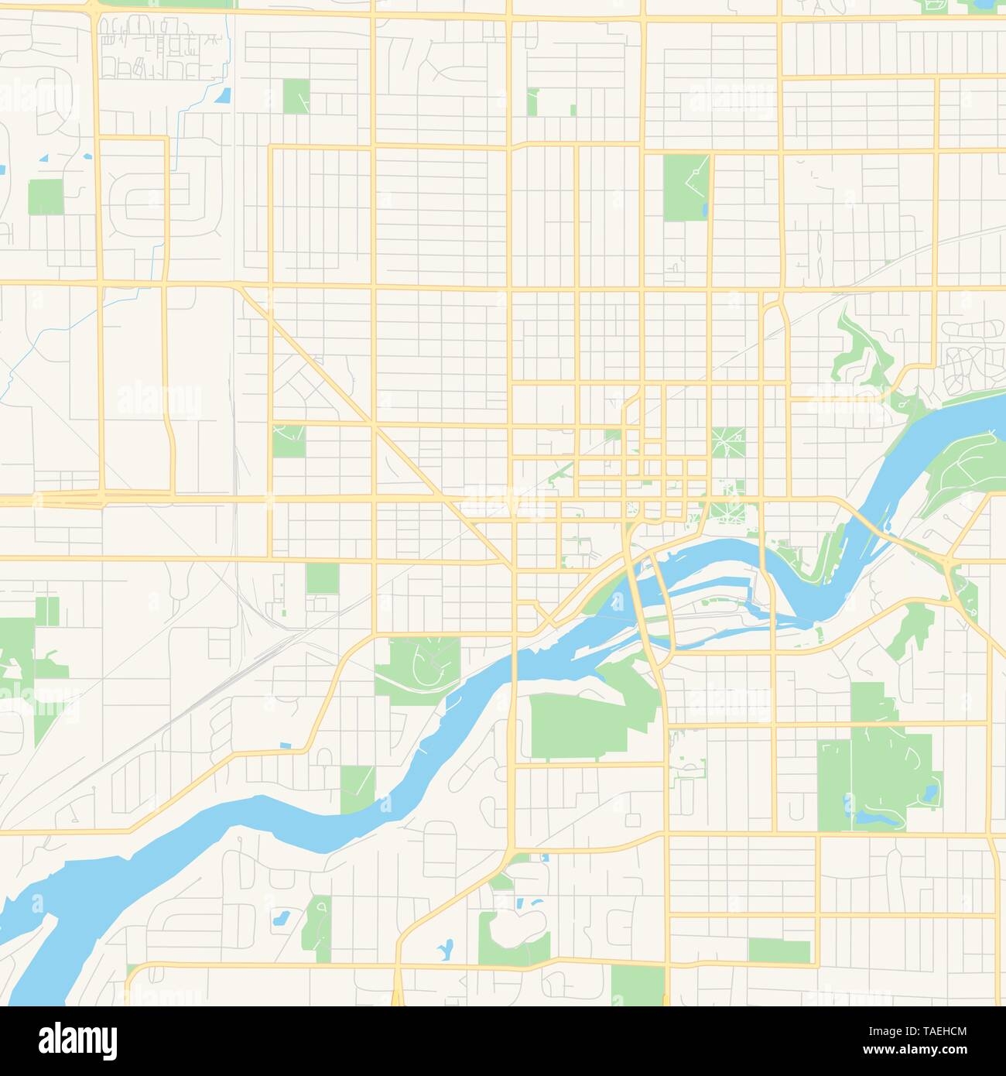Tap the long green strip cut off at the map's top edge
click(x=166, y=4)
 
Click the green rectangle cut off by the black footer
click(x=637, y=987)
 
